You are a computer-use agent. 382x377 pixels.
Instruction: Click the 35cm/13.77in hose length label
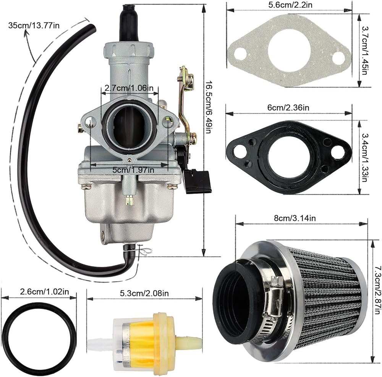[34, 25]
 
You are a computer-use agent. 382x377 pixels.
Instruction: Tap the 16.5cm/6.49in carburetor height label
[208, 107]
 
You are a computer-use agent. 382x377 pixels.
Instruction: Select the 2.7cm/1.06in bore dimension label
[129, 88]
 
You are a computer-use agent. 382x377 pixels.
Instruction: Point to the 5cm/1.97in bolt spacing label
[133, 170]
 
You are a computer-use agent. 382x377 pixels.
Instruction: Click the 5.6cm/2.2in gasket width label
[290, 5]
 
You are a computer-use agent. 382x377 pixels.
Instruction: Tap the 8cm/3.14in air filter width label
[295, 218]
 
